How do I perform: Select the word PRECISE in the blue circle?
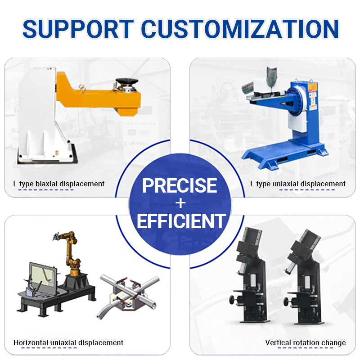click(x=180, y=185)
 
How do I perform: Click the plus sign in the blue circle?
click(x=180, y=203)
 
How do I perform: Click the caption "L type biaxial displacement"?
click(x=59, y=184)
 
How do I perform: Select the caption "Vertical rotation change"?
click(x=306, y=342)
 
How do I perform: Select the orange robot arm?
click(x=72, y=252)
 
